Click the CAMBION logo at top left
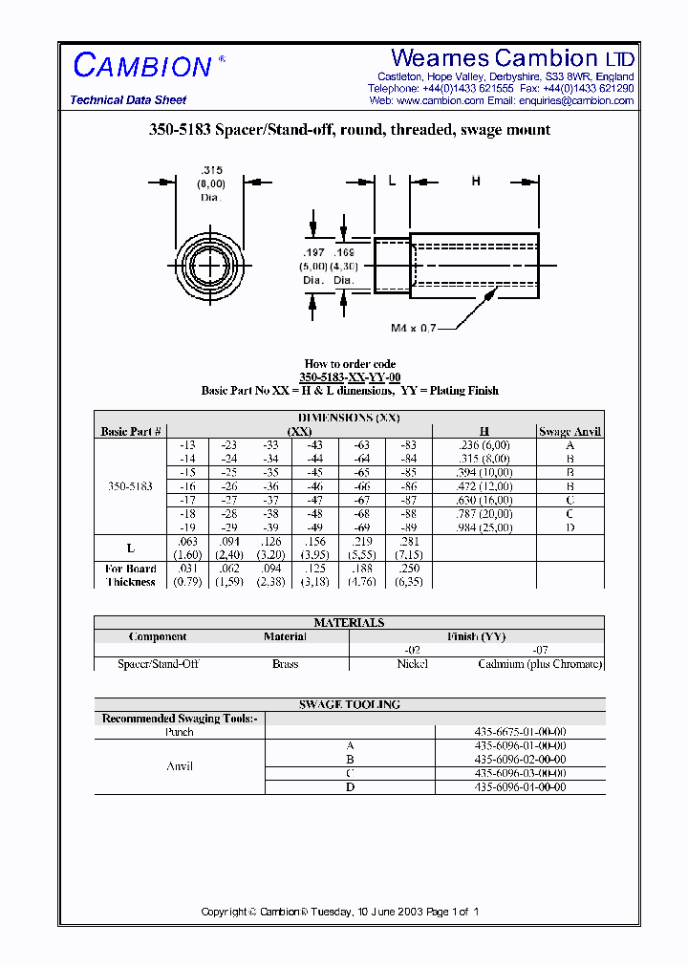[142, 66]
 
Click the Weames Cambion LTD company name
[512, 58]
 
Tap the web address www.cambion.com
[440, 100]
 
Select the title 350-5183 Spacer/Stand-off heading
[344, 130]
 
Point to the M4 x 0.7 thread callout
[413, 328]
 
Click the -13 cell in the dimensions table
[188, 445]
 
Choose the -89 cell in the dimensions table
[408, 527]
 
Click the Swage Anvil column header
[570, 432]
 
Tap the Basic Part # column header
[131, 432]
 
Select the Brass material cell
[285, 664]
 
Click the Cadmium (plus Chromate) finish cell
[539, 664]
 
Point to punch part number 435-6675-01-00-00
[521, 732]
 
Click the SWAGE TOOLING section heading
[349, 704]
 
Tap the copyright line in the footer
[339, 912]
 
